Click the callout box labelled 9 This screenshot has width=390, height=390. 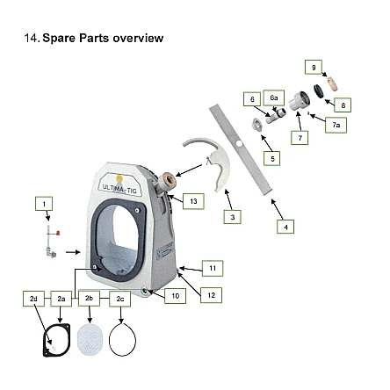(314, 68)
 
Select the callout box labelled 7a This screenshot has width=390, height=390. (336, 125)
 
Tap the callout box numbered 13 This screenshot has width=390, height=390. (193, 201)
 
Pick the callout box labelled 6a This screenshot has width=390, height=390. (274, 97)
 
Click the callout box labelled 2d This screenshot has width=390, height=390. (33, 299)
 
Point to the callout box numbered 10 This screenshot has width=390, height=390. (175, 296)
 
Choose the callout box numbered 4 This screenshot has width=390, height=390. (285, 227)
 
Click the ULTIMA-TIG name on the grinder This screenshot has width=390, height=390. (119, 188)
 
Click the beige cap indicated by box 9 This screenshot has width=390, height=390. (333, 83)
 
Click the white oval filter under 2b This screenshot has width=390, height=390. (90, 340)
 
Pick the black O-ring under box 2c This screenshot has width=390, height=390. (109, 340)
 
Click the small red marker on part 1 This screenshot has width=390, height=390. (58, 233)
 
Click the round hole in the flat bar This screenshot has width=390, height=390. (239, 144)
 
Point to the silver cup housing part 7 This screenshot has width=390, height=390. (300, 101)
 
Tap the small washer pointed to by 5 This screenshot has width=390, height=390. (256, 124)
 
